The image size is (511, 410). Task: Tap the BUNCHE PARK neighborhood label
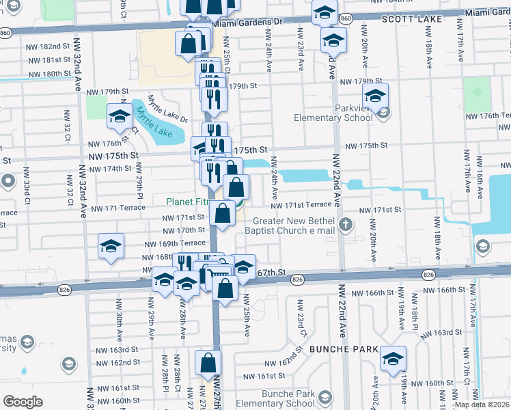click(x=344, y=348)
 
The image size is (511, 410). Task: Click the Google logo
click(x=23, y=401)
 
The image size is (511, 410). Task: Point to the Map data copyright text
click(x=481, y=405)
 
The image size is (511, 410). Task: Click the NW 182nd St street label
click(x=50, y=46)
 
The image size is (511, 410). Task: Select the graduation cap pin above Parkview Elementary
click(x=375, y=96)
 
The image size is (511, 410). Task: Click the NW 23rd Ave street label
click(x=299, y=50)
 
